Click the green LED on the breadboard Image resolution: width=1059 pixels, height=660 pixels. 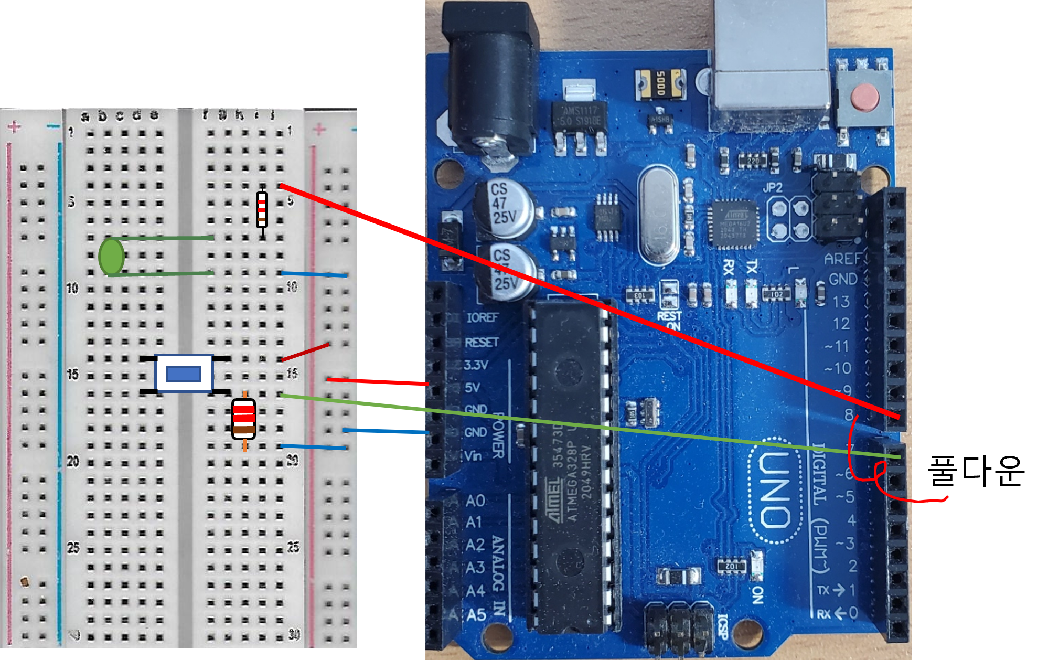(x=111, y=256)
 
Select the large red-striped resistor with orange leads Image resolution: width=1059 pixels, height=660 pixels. (x=244, y=419)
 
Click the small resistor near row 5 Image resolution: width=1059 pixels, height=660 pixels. (x=262, y=209)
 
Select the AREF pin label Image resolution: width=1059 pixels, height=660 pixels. (x=843, y=259)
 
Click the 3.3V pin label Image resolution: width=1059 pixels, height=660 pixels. (x=476, y=365)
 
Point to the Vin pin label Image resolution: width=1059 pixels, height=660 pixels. (x=473, y=455)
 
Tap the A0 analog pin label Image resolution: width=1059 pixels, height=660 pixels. (x=475, y=501)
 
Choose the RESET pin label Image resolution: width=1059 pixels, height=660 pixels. (x=482, y=343)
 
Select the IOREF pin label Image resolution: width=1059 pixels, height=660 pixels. (x=482, y=317)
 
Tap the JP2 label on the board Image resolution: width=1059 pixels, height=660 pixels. (x=773, y=187)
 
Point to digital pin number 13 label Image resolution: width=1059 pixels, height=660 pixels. (x=841, y=302)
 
